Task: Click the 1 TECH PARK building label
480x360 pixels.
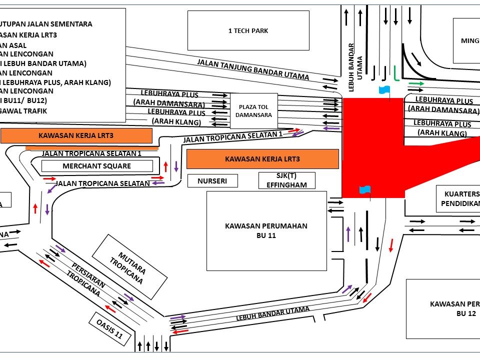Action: coord(248,31)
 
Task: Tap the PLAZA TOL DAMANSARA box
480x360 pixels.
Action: coord(254,111)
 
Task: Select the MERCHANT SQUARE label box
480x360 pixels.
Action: coord(97,166)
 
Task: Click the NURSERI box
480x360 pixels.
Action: coord(212,181)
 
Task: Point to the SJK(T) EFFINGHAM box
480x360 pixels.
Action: coord(287,180)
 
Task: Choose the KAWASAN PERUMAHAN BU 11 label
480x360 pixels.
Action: coord(266,230)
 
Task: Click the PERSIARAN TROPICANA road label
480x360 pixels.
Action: coord(88,280)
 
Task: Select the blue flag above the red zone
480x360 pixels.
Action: coord(383,90)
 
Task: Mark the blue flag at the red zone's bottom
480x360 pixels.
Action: coord(365,189)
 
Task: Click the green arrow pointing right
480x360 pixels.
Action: coord(416,83)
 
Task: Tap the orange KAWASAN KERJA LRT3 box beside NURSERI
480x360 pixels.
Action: coord(262,159)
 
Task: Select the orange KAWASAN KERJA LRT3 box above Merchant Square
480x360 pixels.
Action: coord(76,135)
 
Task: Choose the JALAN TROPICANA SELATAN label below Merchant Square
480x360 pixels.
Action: coord(103,183)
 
